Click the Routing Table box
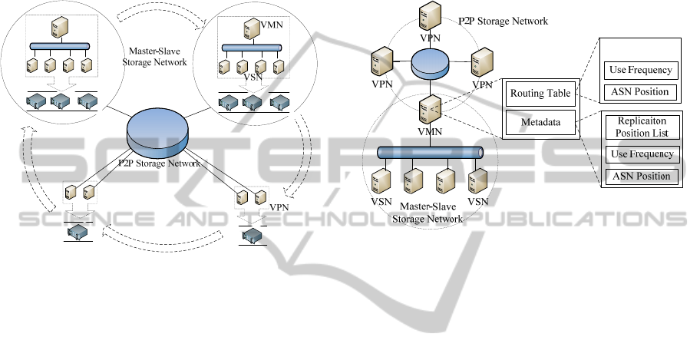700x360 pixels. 540,95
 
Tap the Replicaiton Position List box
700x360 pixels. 642,127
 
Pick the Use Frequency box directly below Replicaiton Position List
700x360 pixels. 642,154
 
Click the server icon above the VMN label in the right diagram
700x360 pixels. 428,112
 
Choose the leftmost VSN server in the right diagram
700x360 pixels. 378,182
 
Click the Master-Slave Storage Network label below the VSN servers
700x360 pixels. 428,213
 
